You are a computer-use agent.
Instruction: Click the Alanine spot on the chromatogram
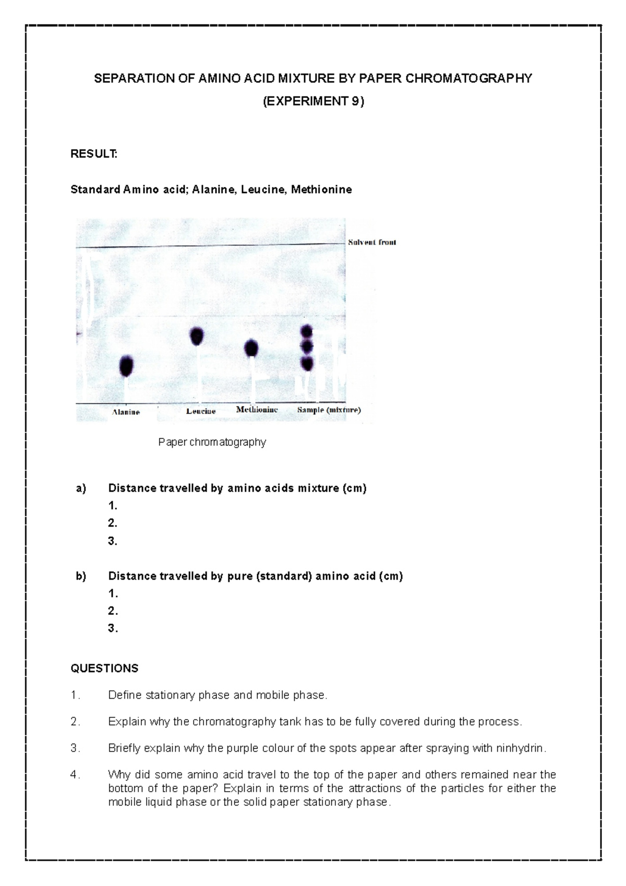click(127, 366)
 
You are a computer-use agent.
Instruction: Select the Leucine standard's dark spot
click(197, 336)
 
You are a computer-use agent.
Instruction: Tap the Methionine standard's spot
click(251, 348)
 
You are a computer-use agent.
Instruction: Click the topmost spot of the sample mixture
click(307, 331)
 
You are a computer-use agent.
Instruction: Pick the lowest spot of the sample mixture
click(307, 363)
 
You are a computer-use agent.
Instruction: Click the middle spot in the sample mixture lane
click(307, 346)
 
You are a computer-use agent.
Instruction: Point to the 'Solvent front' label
click(372, 242)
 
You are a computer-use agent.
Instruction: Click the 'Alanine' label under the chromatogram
click(126, 412)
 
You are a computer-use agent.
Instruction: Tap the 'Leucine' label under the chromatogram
click(201, 411)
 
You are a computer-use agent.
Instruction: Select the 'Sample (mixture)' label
click(329, 410)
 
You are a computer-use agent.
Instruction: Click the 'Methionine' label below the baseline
click(257, 410)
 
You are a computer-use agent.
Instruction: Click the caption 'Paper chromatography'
click(212, 442)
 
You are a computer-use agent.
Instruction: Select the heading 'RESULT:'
click(94, 154)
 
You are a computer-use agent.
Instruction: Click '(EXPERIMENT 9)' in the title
click(313, 101)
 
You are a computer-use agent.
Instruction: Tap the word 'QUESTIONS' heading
click(104, 668)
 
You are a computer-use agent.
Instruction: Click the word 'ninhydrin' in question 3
click(520, 748)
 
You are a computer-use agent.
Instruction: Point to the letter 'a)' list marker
click(81, 488)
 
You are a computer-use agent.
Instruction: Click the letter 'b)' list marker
click(81, 576)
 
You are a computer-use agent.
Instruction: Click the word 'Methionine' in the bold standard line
click(321, 189)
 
